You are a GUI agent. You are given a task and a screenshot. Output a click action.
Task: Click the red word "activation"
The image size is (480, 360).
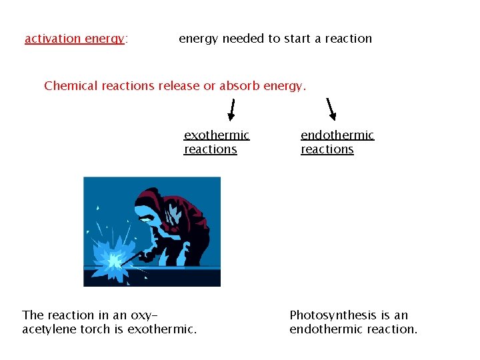tap(53, 39)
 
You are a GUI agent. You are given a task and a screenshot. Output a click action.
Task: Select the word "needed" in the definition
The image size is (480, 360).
tap(243, 39)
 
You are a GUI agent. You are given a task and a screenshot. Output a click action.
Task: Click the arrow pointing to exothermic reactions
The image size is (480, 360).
tap(232, 110)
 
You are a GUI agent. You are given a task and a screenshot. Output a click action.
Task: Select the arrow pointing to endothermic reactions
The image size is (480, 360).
tap(331, 109)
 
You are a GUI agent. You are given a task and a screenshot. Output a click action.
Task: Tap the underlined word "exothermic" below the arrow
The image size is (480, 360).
tap(217, 135)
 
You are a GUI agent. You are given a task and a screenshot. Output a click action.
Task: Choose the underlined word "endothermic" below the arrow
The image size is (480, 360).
tap(337, 135)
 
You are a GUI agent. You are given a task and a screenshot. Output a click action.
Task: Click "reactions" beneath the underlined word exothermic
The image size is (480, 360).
tap(211, 149)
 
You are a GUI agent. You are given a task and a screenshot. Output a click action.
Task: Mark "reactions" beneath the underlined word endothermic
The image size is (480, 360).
tap(327, 149)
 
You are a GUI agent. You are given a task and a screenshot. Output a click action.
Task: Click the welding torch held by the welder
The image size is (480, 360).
tap(133, 254)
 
